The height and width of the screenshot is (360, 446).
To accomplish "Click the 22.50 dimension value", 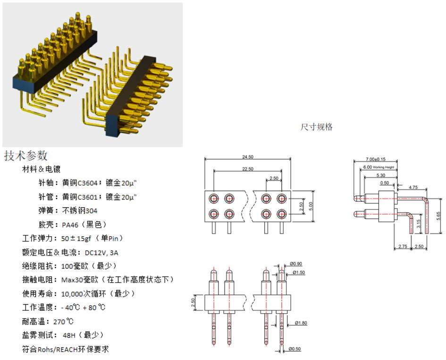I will coord(251,169).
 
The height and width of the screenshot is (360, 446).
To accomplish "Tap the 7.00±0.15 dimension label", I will coord(376,160).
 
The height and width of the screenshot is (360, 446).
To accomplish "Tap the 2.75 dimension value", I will coord(402,247).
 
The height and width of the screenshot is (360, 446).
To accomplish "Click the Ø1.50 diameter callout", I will coord(298,272).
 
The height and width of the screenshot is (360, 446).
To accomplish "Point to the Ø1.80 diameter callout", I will coord(301,323).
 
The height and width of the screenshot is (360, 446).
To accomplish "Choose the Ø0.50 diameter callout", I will coord(295,349).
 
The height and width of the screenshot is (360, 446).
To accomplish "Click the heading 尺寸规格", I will coord(316,127).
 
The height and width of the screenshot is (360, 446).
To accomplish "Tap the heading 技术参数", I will coord(26,155).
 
